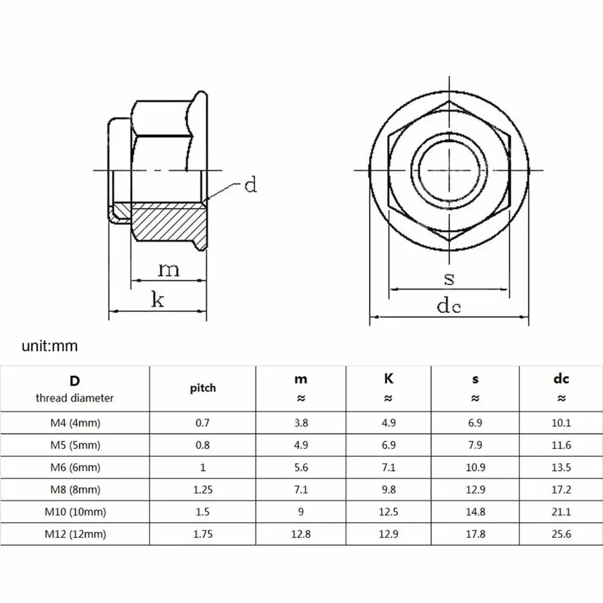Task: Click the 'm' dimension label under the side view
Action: pyautogui.click(x=169, y=270)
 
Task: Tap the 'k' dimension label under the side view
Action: pyautogui.click(x=157, y=299)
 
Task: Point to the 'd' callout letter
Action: pyautogui.click(x=251, y=185)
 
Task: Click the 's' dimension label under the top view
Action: pyautogui.click(x=449, y=279)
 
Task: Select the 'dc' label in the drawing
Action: pyautogui.click(x=449, y=306)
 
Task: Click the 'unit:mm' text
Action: pyautogui.click(x=49, y=346)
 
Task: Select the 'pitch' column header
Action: pyautogui.click(x=203, y=388)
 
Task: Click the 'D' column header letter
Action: pyautogui.click(x=75, y=380)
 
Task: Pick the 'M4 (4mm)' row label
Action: pyautogui.click(x=75, y=423)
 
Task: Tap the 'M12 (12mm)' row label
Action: pyautogui.click(x=75, y=534)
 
